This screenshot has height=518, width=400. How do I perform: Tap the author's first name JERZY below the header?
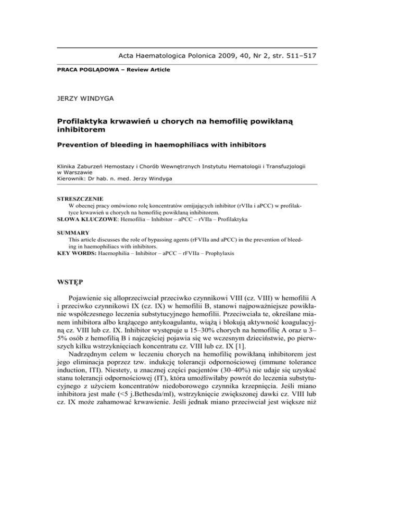point(69,96)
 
